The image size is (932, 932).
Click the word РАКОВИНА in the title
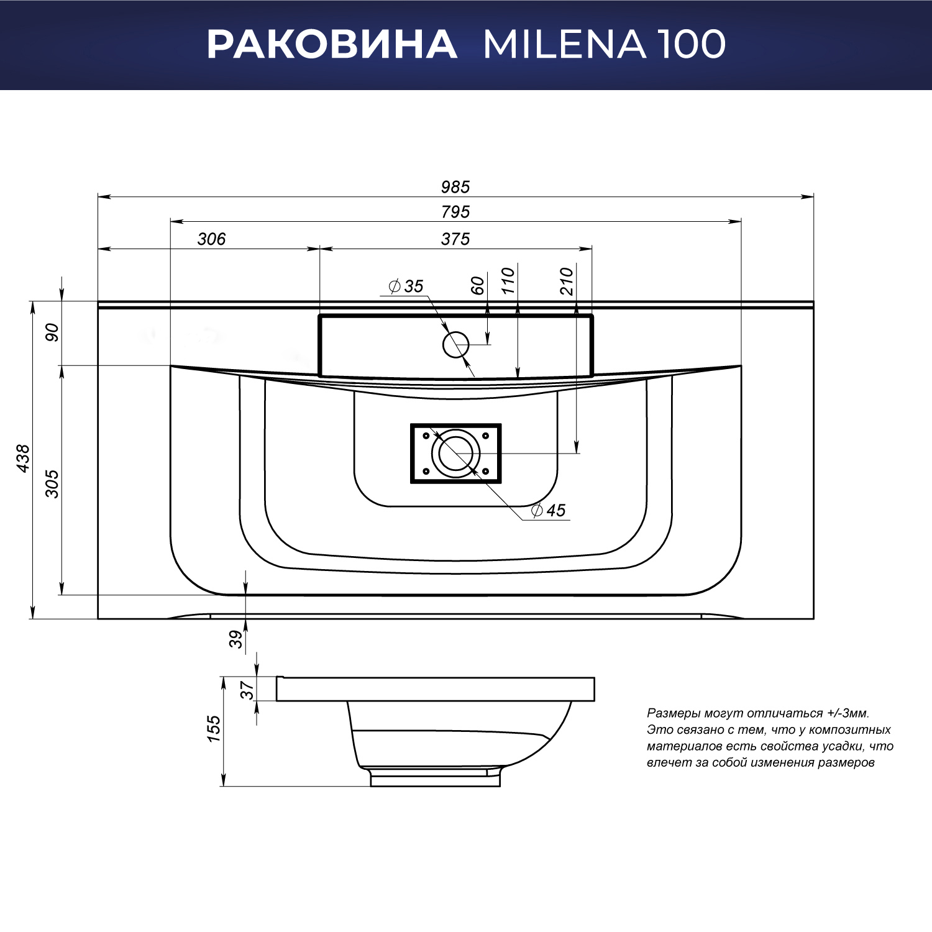coord(332,44)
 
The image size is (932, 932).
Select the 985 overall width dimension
coord(455,187)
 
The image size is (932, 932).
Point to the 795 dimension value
coord(455,212)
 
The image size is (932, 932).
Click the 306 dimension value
coord(211,239)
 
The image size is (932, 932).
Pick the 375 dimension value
coord(455,239)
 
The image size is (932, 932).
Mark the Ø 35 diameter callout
coord(406,286)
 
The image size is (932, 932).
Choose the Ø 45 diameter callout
coord(549,510)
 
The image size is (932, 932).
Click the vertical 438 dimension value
coord(23,459)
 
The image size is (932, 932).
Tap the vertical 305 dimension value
coord(52,484)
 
